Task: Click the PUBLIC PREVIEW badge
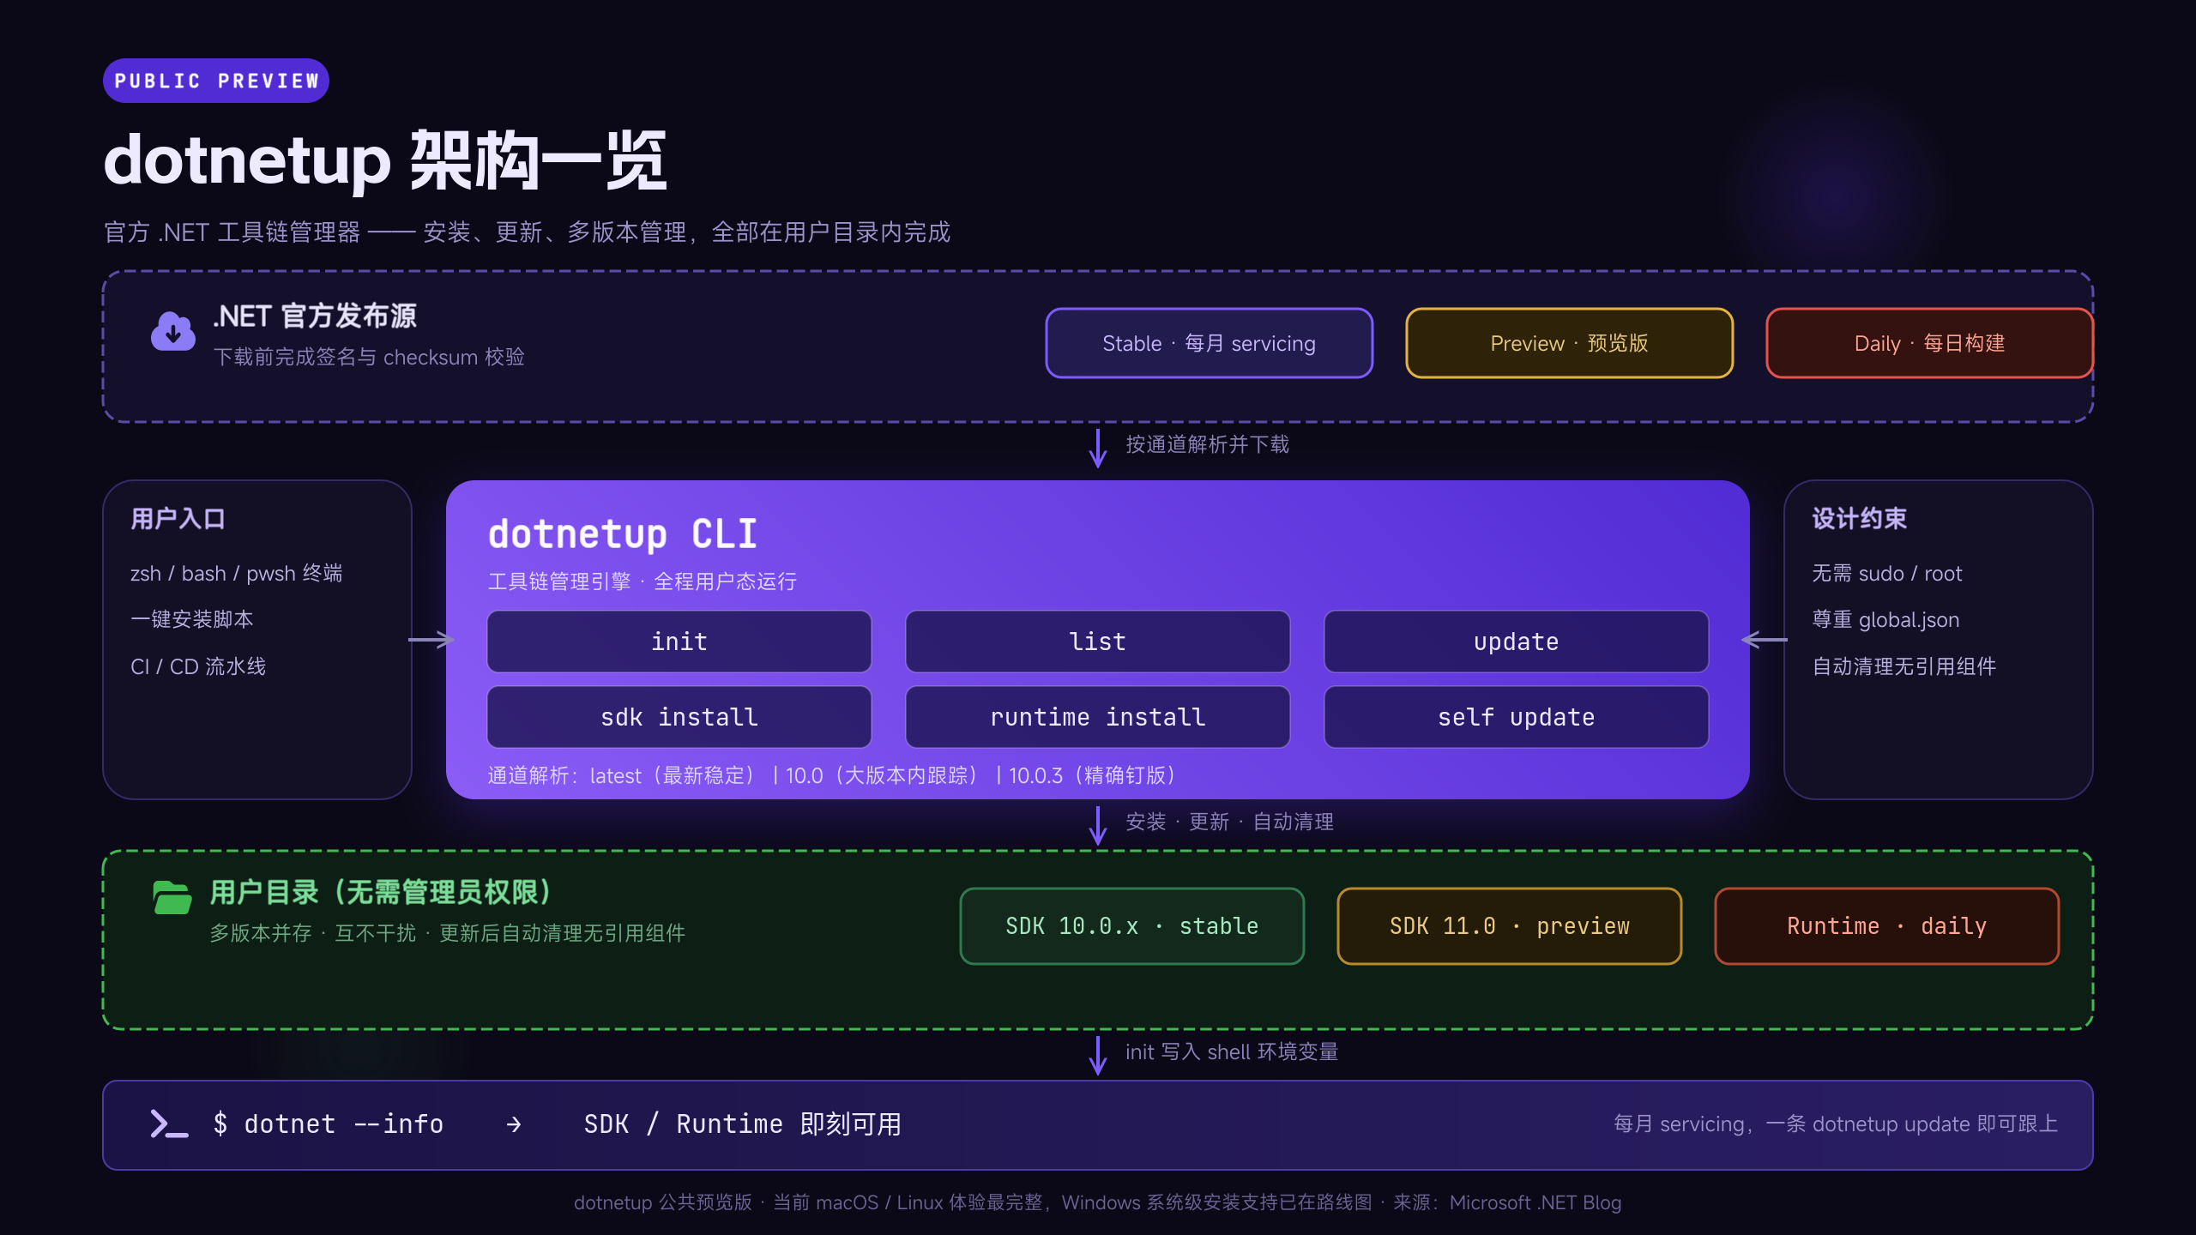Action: pyautogui.click(x=216, y=81)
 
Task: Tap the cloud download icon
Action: pyautogui.click(x=173, y=331)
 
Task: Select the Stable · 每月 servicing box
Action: pyautogui.click(x=1209, y=343)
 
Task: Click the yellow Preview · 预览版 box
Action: pyautogui.click(x=1569, y=343)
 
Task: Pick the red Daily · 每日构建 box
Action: pyautogui.click(x=1929, y=343)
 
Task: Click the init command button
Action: pyautogui.click(x=679, y=642)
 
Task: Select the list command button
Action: pyautogui.click(x=1098, y=642)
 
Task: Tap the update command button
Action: pyautogui.click(x=1517, y=642)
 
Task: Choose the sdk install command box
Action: pyautogui.click(x=679, y=717)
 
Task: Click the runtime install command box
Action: pyautogui.click(x=1098, y=717)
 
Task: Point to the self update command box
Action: pyautogui.click(x=1517, y=717)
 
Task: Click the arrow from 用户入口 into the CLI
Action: pyautogui.click(x=431, y=640)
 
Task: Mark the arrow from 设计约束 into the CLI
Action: pyautogui.click(x=1765, y=640)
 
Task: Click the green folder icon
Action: pyautogui.click(x=172, y=898)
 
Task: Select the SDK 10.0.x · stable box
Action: pyautogui.click(x=1132, y=926)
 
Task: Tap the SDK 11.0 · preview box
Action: pyautogui.click(x=1510, y=926)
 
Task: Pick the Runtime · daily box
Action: pyautogui.click(x=1887, y=926)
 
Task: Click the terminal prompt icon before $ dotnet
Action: pyautogui.click(x=169, y=1124)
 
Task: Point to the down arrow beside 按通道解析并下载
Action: pyautogui.click(x=1098, y=448)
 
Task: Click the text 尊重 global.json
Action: pyautogui.click(x=1885, y=620)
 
